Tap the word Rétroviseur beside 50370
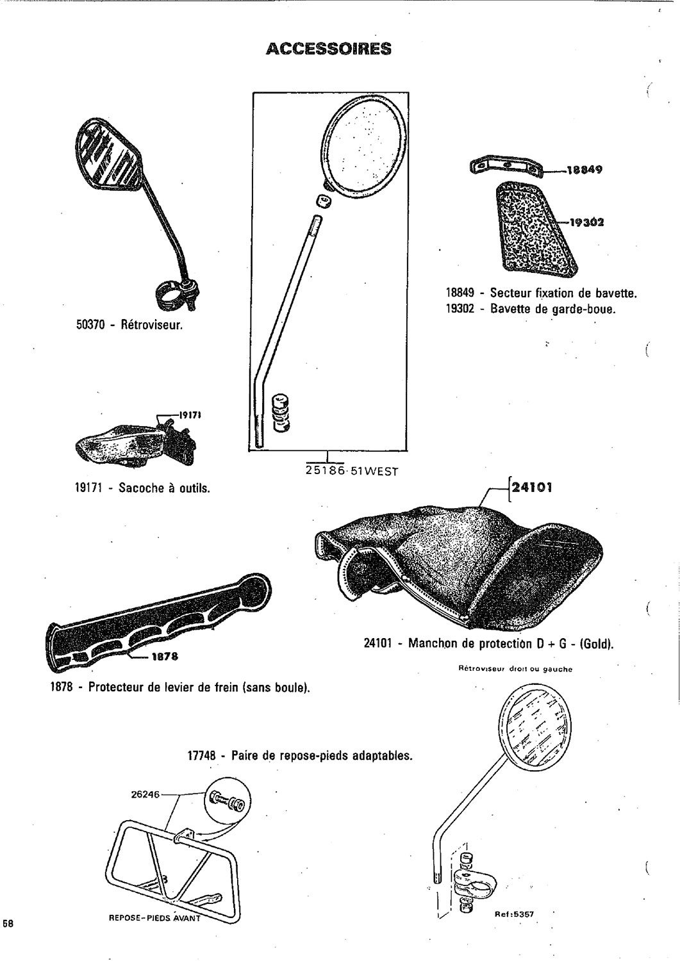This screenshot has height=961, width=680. pyautogui.click(x=151, y=324)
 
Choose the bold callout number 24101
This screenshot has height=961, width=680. pyautogui.click(x=531, y=488)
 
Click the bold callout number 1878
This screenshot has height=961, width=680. pyautogui.click(x=164, y=656)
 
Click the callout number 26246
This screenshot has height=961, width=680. pyautogui.click(x=145, y=794)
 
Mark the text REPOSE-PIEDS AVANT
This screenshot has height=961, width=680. pyautogui.click(x=155, y=917)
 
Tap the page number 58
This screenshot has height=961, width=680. pyautogui.click(x=8, y=923)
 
